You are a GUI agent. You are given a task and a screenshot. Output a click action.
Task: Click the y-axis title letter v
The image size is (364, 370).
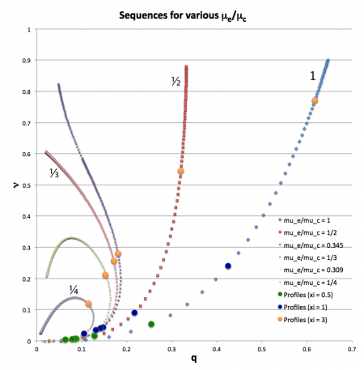[15, 185]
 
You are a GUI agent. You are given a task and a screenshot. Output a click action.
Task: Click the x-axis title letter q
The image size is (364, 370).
[193, 360]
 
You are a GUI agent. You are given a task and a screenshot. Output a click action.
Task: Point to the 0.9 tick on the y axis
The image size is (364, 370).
[28, 62]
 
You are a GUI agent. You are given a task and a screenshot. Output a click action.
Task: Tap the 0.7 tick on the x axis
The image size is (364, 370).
[351, 349]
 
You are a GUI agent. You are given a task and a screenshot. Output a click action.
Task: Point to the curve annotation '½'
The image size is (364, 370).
[175, 81]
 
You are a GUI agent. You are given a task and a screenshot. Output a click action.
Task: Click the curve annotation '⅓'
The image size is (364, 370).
[55, 172]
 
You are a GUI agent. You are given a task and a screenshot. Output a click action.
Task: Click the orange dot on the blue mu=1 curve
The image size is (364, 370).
[315, 100]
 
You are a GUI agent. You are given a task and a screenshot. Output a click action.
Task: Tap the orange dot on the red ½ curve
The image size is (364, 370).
[181, 172]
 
